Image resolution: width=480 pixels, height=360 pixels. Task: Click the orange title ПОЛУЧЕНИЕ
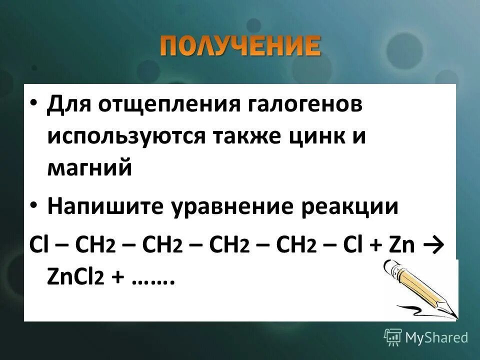click(x=240, y=47)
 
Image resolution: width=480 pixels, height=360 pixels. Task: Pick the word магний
click(x=90, y=167)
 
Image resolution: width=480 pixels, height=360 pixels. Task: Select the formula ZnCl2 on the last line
click(x=75, y=278)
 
